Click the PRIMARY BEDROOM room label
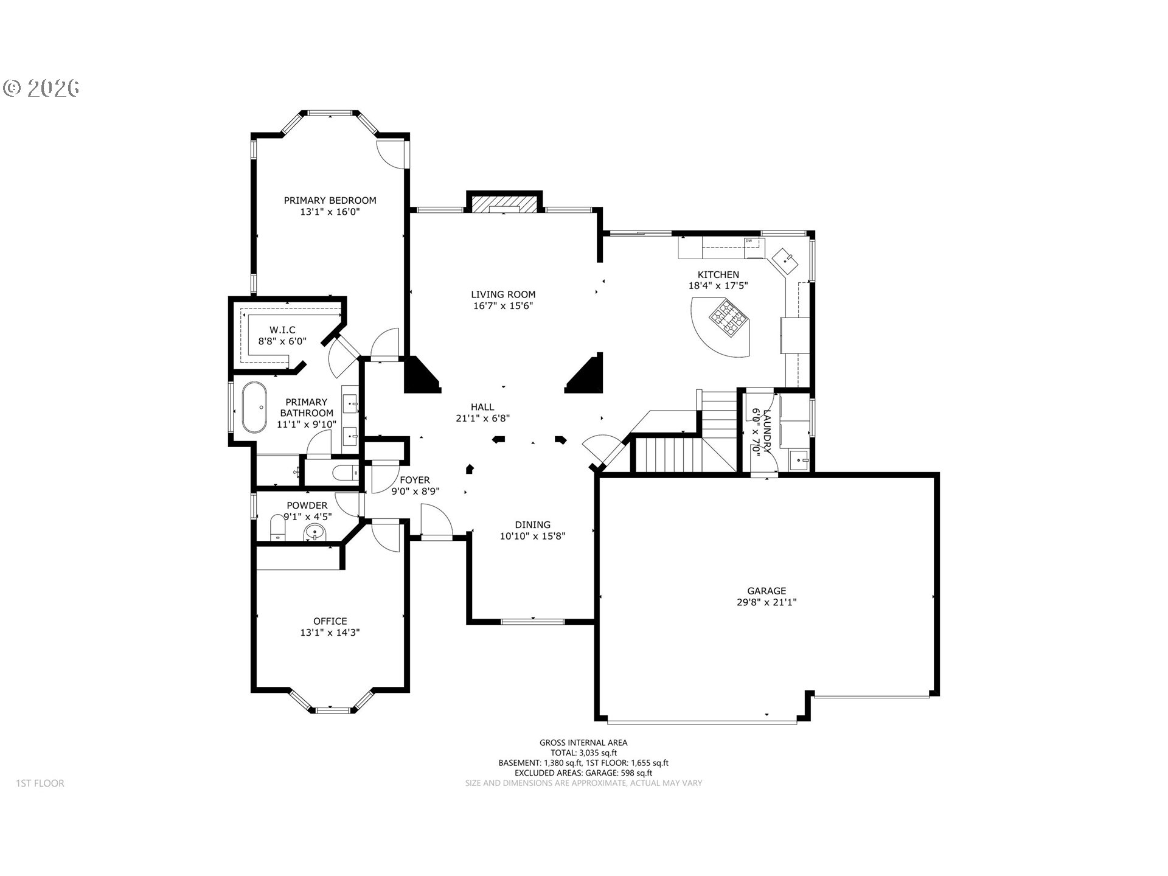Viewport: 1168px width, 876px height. (330, 200)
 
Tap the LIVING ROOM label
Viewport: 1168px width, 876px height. (503, 294)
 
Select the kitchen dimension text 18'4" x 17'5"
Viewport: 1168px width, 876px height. (718, 285)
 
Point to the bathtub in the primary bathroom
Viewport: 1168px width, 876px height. (254, 407)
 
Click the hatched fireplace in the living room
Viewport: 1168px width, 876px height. (503, 204)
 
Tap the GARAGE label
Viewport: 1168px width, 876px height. (766, 591)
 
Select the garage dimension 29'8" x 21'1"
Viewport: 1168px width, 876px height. (766, 602)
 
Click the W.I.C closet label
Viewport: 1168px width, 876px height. (282, 330)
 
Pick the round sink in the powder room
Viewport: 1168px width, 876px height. (315, 533)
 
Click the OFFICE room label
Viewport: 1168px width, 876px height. (330, 621)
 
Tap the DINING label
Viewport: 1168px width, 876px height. (532, 525)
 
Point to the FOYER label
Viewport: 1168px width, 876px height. (415, 480)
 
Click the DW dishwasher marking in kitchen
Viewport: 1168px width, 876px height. (749, 242)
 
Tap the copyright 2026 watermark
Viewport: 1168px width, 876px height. (41, 88)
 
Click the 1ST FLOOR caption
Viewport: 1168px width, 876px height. (40, 784)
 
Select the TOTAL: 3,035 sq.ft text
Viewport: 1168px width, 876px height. (583, 753)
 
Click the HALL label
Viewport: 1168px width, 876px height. (482, 407)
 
